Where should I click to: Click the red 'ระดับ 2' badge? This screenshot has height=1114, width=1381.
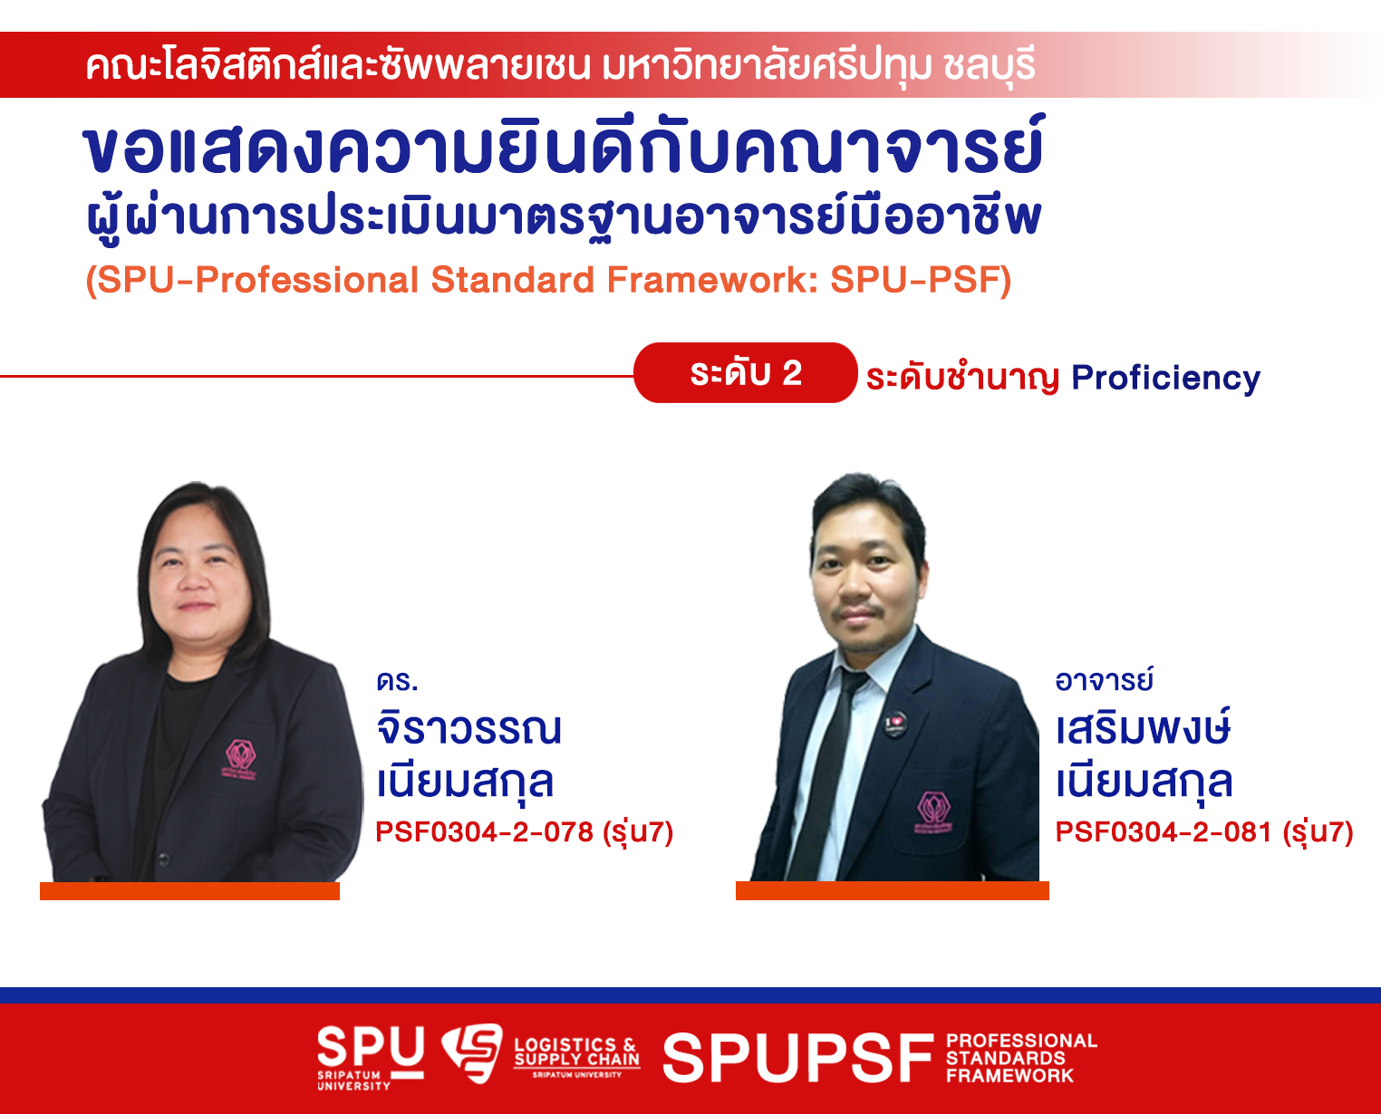click(746, 372)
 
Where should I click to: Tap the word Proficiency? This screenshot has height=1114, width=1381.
click(1165, 379)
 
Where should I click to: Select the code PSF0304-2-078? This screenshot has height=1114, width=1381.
click(484, 832)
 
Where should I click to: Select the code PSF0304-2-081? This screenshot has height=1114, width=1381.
click(1164, 832)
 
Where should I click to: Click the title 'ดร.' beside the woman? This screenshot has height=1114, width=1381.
click(397, 681)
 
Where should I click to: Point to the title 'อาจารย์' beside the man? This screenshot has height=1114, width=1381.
click(1104, 680)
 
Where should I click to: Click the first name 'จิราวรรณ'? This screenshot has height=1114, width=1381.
click(468, 728)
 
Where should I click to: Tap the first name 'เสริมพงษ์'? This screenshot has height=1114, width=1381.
click(1143, 728)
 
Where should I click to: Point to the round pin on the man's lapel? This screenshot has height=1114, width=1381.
click(895, 724)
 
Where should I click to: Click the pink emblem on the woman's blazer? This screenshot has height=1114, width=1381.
click(240, 759)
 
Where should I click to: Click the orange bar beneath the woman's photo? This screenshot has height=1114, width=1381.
click(189, 891)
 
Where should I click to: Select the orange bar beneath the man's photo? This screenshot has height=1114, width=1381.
click(893, 890)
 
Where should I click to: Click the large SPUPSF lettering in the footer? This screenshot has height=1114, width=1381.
click(797, 1058)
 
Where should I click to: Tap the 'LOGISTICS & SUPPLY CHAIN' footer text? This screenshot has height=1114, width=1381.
click(576, 1052)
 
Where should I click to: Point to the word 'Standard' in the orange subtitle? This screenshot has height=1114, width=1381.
click(512, 280)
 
